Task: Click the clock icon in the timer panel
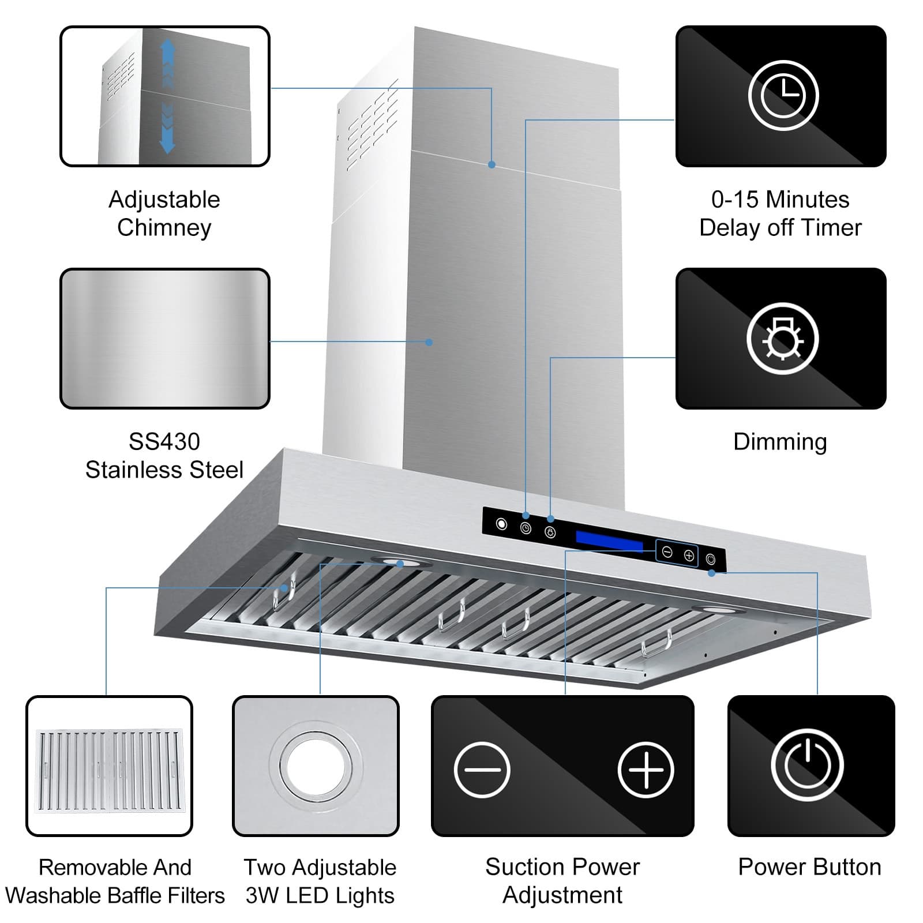(x=783, y=95)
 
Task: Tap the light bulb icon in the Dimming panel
(x=782, y=339)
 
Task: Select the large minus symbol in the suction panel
(x=482, y=770)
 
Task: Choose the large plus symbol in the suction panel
(x=646, y=770)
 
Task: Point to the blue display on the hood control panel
(x=609, y=541)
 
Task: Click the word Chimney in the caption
(x=164, y=227)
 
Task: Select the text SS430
(x=164, y=441)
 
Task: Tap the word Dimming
(x=780, y=441)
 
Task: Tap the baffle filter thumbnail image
(x=109, y=770)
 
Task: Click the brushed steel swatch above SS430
(x=165, y=339)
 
